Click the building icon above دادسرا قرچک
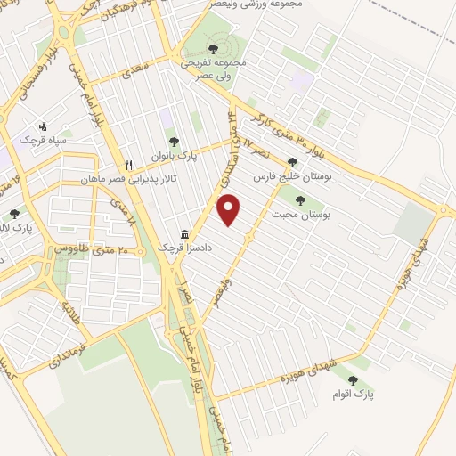pos(184,233)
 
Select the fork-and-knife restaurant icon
pos(129,165)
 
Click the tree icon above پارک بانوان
pos(174,142)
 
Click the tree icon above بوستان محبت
pos(299,200)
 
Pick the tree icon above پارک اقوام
pos(354,380)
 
